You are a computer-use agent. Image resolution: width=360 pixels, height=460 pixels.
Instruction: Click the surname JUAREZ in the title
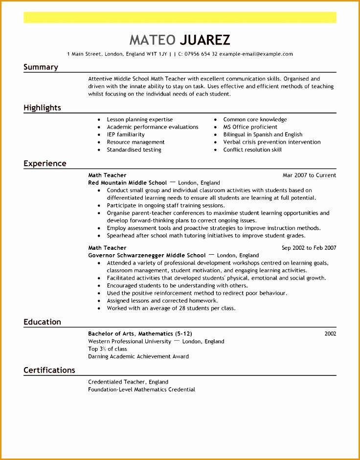[205, 40]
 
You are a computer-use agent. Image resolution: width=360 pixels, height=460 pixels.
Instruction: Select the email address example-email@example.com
[256, 54]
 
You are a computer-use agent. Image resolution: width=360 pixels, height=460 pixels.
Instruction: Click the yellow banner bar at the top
[180, 18]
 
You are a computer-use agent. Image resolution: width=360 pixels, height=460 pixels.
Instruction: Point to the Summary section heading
[41, 67]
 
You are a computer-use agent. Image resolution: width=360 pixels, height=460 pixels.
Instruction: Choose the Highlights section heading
[42, 108]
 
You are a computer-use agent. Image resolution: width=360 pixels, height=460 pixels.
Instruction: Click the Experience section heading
[45, 163]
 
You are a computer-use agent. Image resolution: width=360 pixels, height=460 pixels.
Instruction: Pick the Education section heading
[42, 322]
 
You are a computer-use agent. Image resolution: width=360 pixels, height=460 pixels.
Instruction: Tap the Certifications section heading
[49, 370]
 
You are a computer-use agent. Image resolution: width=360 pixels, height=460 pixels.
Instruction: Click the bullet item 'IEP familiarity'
[126, 134]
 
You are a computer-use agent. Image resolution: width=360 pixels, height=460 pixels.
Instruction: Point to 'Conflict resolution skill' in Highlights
[252, 150]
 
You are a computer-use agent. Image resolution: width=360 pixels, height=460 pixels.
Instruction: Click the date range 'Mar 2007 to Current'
[309, 175]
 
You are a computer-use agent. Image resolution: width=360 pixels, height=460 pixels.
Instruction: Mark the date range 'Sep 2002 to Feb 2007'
[309, 248]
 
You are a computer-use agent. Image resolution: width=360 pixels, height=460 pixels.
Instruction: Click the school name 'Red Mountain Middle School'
[127, 183]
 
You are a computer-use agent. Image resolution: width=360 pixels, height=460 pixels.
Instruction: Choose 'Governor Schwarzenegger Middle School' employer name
[147, 255]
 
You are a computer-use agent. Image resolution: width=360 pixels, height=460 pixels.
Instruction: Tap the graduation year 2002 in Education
[330, 333]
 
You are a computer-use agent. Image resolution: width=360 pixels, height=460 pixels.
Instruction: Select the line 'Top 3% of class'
[108, 349]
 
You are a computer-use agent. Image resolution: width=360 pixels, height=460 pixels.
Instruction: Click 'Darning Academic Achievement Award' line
[138, 356]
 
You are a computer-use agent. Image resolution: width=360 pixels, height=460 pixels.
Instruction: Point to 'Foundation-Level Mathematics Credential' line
[141, 390]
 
